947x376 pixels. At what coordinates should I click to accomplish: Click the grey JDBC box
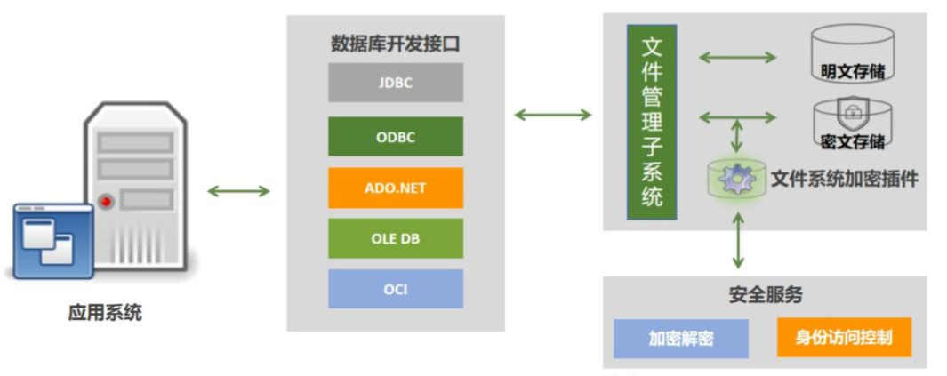coord(396,83)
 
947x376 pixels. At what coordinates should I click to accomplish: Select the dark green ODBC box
coord(396,137)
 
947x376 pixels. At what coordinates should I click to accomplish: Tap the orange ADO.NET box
coord(396,188)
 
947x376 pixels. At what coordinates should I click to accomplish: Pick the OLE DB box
coord(396,238)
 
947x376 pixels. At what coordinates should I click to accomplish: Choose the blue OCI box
coord(396,289)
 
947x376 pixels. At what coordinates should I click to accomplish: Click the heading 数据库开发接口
coord(396,43)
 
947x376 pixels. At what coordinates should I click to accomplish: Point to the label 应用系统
coord(105,313)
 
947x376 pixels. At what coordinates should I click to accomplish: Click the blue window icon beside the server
coord(52,239)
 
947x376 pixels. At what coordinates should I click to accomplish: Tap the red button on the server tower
coord(107,202)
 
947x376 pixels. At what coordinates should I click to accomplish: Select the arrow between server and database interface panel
coord(237,191)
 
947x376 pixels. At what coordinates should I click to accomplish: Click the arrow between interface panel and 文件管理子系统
coord(553,114)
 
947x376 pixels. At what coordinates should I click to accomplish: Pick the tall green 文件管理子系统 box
coord(652,123)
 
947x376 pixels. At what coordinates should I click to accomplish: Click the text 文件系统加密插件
coord(844,179)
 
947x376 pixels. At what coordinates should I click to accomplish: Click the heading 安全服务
coord(765,295)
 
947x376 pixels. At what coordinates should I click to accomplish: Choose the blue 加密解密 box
coord(681,339)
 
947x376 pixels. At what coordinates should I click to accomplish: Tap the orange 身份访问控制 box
coord(844,338)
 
